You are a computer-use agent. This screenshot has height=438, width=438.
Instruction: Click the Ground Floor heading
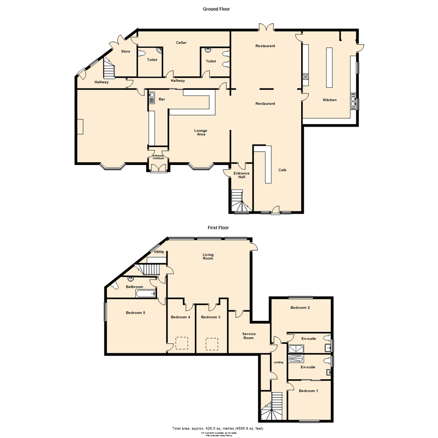216,9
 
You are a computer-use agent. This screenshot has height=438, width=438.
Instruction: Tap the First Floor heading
219,228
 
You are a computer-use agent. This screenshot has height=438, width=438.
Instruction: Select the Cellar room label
181,43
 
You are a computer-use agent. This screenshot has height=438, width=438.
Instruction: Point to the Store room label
126,52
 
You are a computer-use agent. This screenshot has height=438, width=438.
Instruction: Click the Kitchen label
329,100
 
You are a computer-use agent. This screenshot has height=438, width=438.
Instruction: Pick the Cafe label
282,170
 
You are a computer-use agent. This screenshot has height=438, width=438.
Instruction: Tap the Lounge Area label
201,132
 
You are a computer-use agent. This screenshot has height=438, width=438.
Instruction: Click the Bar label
161,99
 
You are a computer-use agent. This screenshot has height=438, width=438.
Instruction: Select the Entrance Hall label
241,175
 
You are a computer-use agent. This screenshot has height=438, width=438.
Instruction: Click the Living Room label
208,256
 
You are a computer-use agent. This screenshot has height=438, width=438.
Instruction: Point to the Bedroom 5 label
135,313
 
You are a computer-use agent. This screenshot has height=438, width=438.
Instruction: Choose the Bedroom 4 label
180,317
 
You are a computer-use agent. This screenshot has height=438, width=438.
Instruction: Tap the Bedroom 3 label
210,317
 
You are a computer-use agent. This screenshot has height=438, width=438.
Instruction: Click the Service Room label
249,336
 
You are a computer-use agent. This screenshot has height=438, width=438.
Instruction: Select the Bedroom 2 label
300,308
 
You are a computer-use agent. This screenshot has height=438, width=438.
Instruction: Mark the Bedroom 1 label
309,391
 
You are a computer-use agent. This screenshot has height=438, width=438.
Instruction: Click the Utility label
159,252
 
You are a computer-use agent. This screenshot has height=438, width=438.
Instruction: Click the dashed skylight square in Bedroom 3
212,344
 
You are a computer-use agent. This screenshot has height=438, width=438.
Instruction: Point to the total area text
218,428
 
